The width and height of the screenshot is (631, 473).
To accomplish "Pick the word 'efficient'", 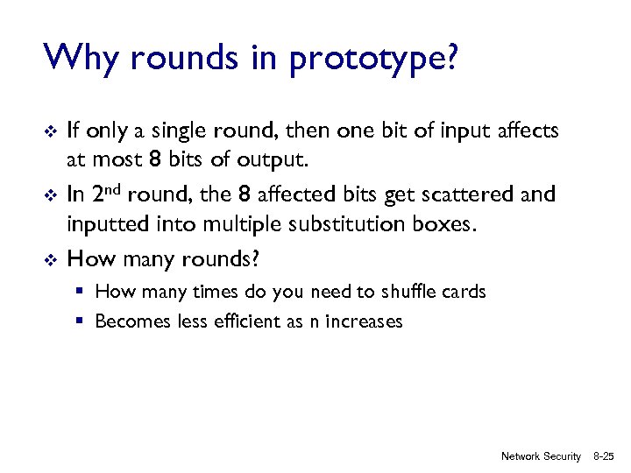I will pyautogui.click(x=242, y=321).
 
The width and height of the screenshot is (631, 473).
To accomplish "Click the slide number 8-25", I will pyautogui.click(x=605, y=456).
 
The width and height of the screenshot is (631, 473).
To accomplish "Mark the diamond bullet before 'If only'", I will pyautogui.click(x=51, y=131).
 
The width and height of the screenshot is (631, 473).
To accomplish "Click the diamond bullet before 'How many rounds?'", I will pyautogui.click(x=51, y=258).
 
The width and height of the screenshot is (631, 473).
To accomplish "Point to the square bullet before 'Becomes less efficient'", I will pyautogui.click(x=79, y=321).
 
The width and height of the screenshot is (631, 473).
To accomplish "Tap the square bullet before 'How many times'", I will pyautogui.click(x=79, y=291).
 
